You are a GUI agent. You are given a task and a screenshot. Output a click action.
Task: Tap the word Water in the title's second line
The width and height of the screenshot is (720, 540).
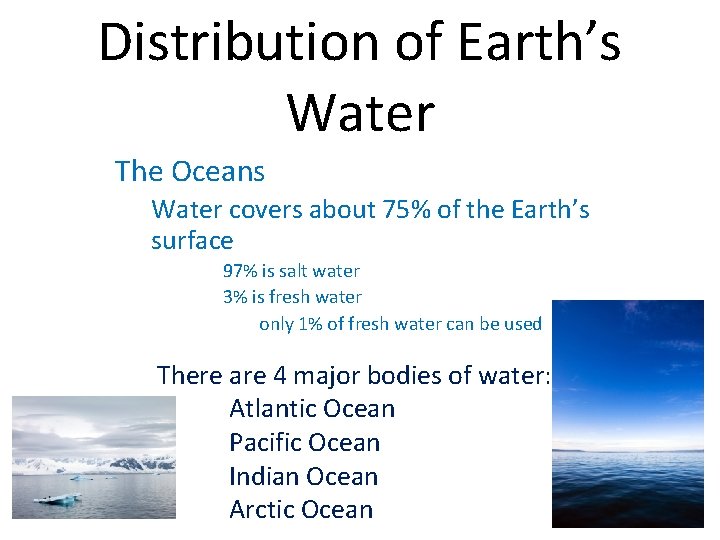point(361,112)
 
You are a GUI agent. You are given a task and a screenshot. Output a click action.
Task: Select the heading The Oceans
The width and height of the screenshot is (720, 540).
point(190,172)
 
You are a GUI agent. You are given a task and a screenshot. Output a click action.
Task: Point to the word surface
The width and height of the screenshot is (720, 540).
point(192,241)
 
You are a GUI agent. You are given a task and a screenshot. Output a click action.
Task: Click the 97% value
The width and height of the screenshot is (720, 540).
point(240,271)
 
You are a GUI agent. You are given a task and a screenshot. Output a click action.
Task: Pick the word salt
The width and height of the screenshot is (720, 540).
point(291,271)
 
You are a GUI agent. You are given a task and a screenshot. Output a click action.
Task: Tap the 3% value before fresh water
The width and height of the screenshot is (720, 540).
point(235,297)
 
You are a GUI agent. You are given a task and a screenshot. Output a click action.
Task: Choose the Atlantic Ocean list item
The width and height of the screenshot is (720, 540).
point(312,409)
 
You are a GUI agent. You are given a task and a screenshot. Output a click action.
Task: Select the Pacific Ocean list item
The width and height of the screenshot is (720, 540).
point(305,443)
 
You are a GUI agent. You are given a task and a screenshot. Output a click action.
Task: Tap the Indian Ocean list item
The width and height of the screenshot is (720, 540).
point(303,477)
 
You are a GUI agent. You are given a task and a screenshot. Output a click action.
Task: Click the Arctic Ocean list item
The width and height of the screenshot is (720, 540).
point(301,510)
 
